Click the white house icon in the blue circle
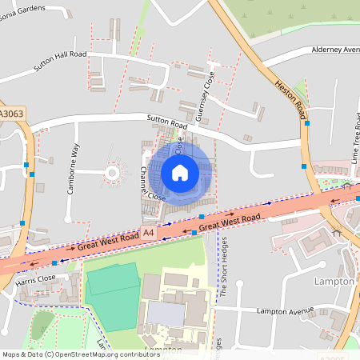[180, 172]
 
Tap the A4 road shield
[147, 233]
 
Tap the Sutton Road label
[166, 122]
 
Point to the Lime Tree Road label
[355, 144]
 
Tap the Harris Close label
[36, 278]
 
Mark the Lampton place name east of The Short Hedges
[334, 282]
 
